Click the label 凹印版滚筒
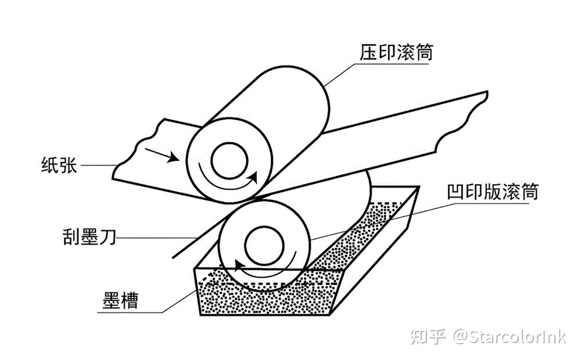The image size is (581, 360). [x=493, y=192]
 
